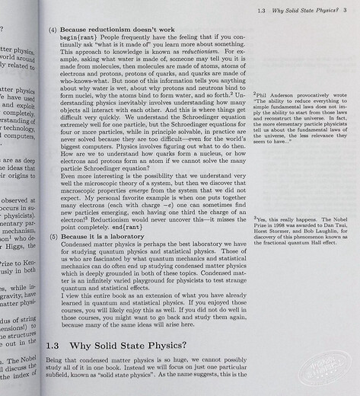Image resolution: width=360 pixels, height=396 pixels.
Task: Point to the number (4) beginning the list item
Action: click(55, 27)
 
